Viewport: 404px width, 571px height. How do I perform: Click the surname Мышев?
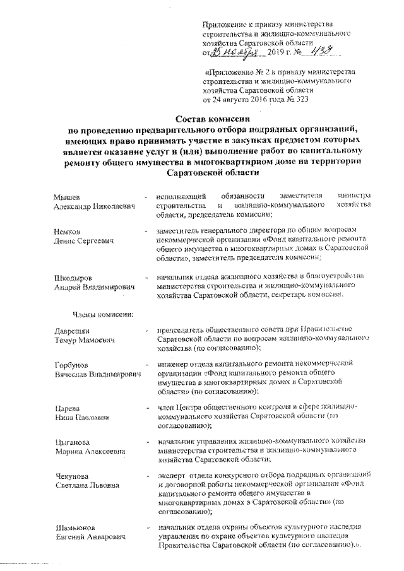(x=68, y=196)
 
